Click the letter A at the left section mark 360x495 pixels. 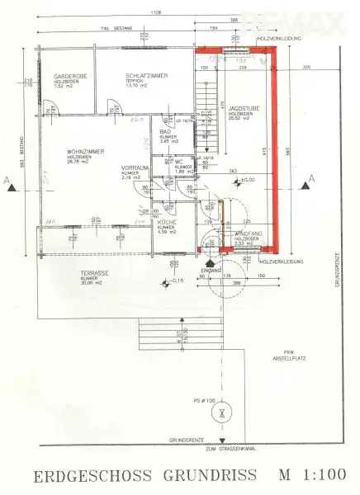point(7,177)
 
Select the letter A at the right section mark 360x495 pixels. point(311,177)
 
